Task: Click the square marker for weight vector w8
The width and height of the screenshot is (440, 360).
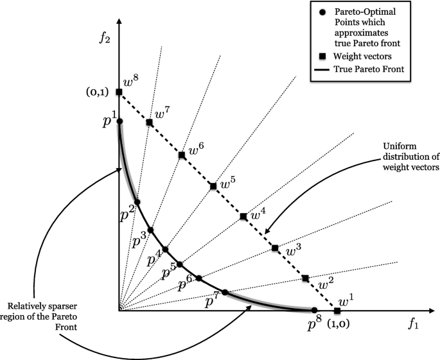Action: [119, 92]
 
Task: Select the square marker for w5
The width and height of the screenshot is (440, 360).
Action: [213, 186]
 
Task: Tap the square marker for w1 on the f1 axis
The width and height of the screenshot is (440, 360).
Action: [338, 311]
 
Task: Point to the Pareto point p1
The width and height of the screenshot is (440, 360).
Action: [119, 121]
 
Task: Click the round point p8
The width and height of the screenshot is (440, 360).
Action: [314, 311]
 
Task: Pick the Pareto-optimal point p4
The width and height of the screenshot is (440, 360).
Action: [165, 249]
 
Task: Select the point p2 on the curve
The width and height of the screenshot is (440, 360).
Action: [137, 202]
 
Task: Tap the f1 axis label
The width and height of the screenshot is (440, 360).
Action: [412, 325]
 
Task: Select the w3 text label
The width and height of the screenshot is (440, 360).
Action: [294, 250]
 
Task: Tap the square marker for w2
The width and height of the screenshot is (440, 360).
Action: [305, 279]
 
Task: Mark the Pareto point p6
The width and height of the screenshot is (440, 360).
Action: [199, 278]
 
